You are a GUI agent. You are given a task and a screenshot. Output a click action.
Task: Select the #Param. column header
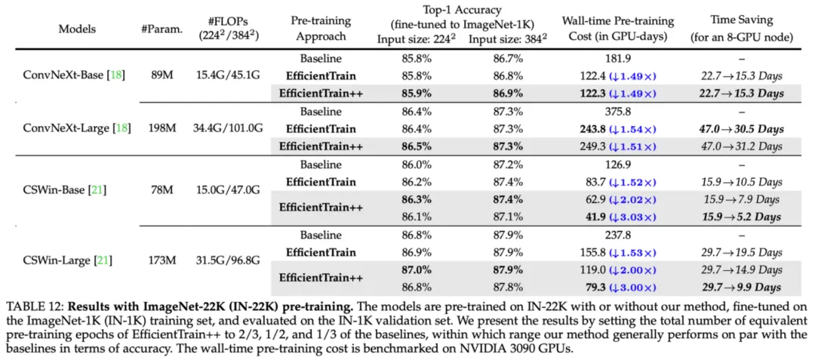(x=161, y=29)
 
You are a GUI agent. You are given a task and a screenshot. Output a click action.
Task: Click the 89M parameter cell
(x=161, y=75)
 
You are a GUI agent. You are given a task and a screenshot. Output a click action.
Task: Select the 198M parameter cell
(x=161, y=128)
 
